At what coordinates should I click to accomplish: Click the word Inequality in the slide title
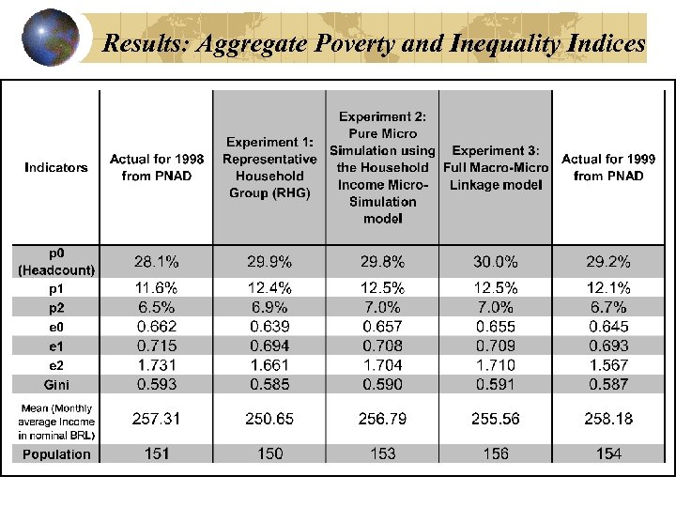coord(505,43)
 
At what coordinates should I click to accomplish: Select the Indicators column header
coord(56,167)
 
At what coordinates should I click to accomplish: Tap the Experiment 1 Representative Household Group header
coord(269,167)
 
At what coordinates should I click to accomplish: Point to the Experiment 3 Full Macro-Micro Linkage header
coord(495,167)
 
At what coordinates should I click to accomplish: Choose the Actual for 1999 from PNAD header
coord(608,167)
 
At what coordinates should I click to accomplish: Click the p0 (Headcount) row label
coord(56,261)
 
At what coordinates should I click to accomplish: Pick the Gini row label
coord(56,383)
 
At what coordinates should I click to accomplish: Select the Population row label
coord(56,454)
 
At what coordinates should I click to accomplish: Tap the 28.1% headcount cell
coord(157,261)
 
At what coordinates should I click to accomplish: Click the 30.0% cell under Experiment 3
coord(495,261)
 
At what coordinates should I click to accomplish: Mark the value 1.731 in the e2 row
coord(157,364)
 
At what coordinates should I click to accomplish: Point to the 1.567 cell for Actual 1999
coord(608,364)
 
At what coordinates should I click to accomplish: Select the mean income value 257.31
coord(157,419)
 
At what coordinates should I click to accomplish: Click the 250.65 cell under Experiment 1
coord(269,419)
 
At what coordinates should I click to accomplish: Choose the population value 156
coord(495,454)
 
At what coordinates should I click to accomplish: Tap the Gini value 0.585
coord(269,383)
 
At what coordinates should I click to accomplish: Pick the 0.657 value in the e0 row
coord(382,327)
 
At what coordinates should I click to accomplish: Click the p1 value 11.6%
coord(157,288)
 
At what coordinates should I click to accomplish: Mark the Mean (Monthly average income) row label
coord(56,421)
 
